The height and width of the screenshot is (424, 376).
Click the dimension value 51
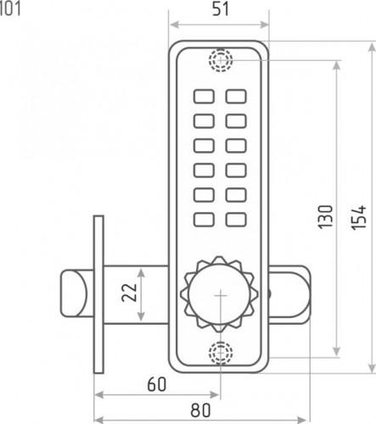[220, 9]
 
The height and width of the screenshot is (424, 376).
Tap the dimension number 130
[325, 217]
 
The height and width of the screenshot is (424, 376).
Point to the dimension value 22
[129, 293]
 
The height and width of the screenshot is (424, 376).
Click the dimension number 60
[156, 384]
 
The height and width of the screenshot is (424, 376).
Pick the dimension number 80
[200, 410]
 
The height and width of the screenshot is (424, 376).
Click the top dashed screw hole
[221, 60]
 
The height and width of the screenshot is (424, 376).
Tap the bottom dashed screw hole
[221, 353]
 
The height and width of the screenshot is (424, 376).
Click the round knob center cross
[221, 296]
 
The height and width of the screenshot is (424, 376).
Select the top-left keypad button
[204, 97]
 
